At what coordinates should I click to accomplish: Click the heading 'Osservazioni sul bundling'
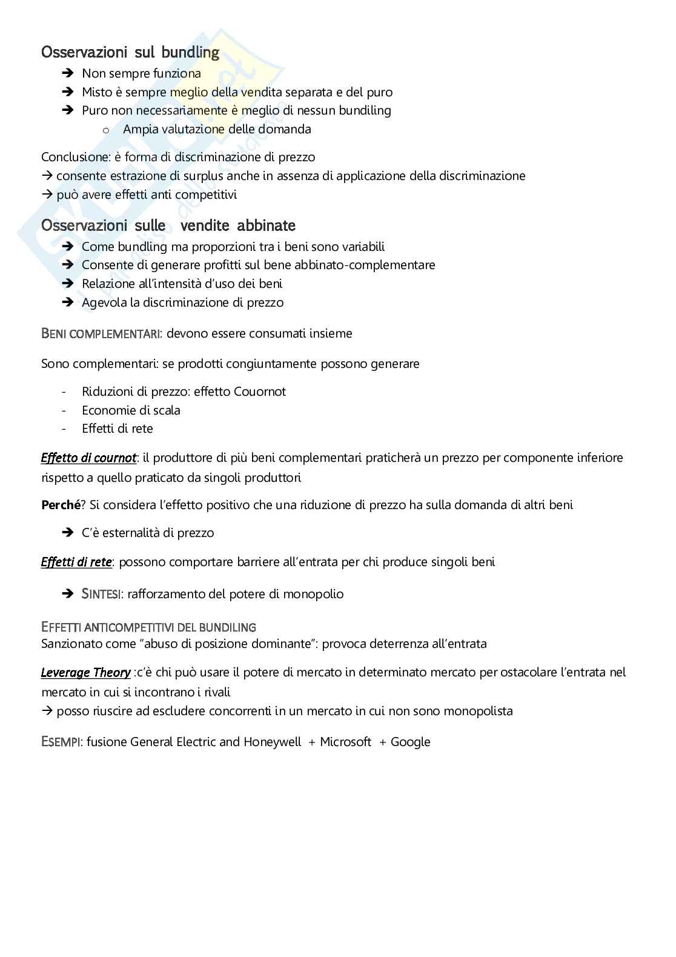(130, 53)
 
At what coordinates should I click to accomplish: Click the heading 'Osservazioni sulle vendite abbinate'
(168, 225)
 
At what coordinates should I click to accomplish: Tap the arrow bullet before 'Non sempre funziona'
(67, 73)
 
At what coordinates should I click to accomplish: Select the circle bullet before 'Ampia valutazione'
(105, 129)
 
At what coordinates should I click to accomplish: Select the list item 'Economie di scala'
(131, 410)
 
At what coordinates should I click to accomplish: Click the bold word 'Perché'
(60, 505)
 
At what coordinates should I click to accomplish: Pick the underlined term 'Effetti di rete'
(76, 562)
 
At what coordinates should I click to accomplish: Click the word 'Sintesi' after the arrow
(100, 594)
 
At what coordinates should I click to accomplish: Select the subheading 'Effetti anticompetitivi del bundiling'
(148, 627)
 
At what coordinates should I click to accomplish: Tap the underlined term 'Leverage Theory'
(85, 672)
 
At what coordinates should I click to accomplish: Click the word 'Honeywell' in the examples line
(272, 742)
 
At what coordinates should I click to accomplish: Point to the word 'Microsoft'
(345, 742)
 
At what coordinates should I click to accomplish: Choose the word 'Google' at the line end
(410, 742)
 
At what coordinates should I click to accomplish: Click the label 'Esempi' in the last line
(62, 742)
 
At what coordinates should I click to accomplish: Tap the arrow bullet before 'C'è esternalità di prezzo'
(67, 533)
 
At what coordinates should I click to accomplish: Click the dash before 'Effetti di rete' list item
(64, 428)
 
